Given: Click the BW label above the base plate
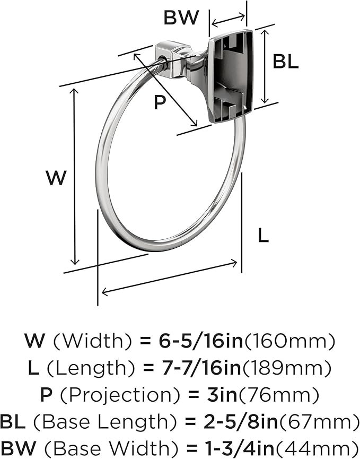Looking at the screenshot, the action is click(x=181, y=18).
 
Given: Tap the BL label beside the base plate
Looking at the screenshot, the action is click(x=285, y=62).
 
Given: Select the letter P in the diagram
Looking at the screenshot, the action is click(x=160, y=102).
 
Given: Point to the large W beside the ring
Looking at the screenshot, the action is click(x=56, y=178).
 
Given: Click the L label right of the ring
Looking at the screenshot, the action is click(x=263, y=236).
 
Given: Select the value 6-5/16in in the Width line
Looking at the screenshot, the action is click(x=201, y=341).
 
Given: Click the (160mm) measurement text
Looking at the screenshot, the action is click(x=289, y=341).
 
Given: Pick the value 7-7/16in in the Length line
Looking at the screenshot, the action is click(x=201, y=368).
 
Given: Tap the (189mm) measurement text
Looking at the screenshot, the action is click(x=286, y=368).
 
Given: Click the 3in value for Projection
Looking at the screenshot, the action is click(x=222, y=395).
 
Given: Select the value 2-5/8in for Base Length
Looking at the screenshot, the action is click(x=240, y=422).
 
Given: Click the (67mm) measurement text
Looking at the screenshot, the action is click(x=319, y=422).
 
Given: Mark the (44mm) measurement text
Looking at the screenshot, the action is click(x=317, y=448).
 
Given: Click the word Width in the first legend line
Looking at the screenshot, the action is click(x=92, y=341).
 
